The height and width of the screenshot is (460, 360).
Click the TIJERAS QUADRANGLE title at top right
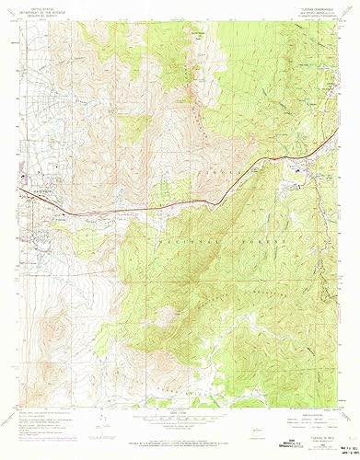(x=307, y=6)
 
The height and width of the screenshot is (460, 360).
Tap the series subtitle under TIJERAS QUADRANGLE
(x=307, y=12)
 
